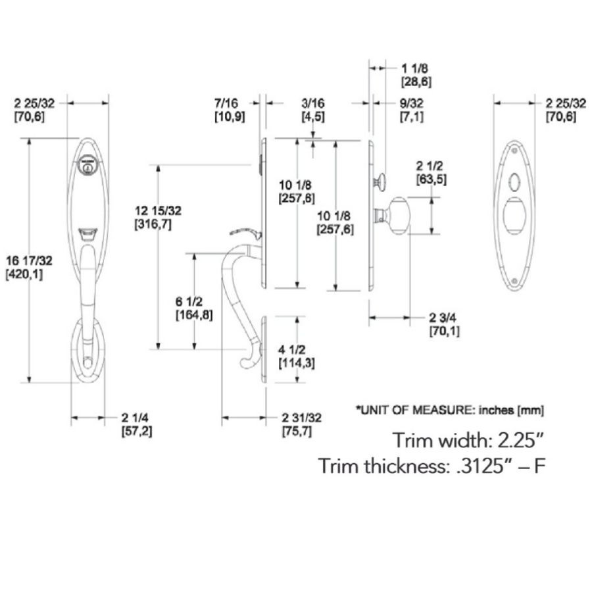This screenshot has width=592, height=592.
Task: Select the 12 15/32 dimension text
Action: [157, 211]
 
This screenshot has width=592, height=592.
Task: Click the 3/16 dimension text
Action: [312, 103]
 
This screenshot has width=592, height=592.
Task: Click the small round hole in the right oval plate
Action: [514, 178]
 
